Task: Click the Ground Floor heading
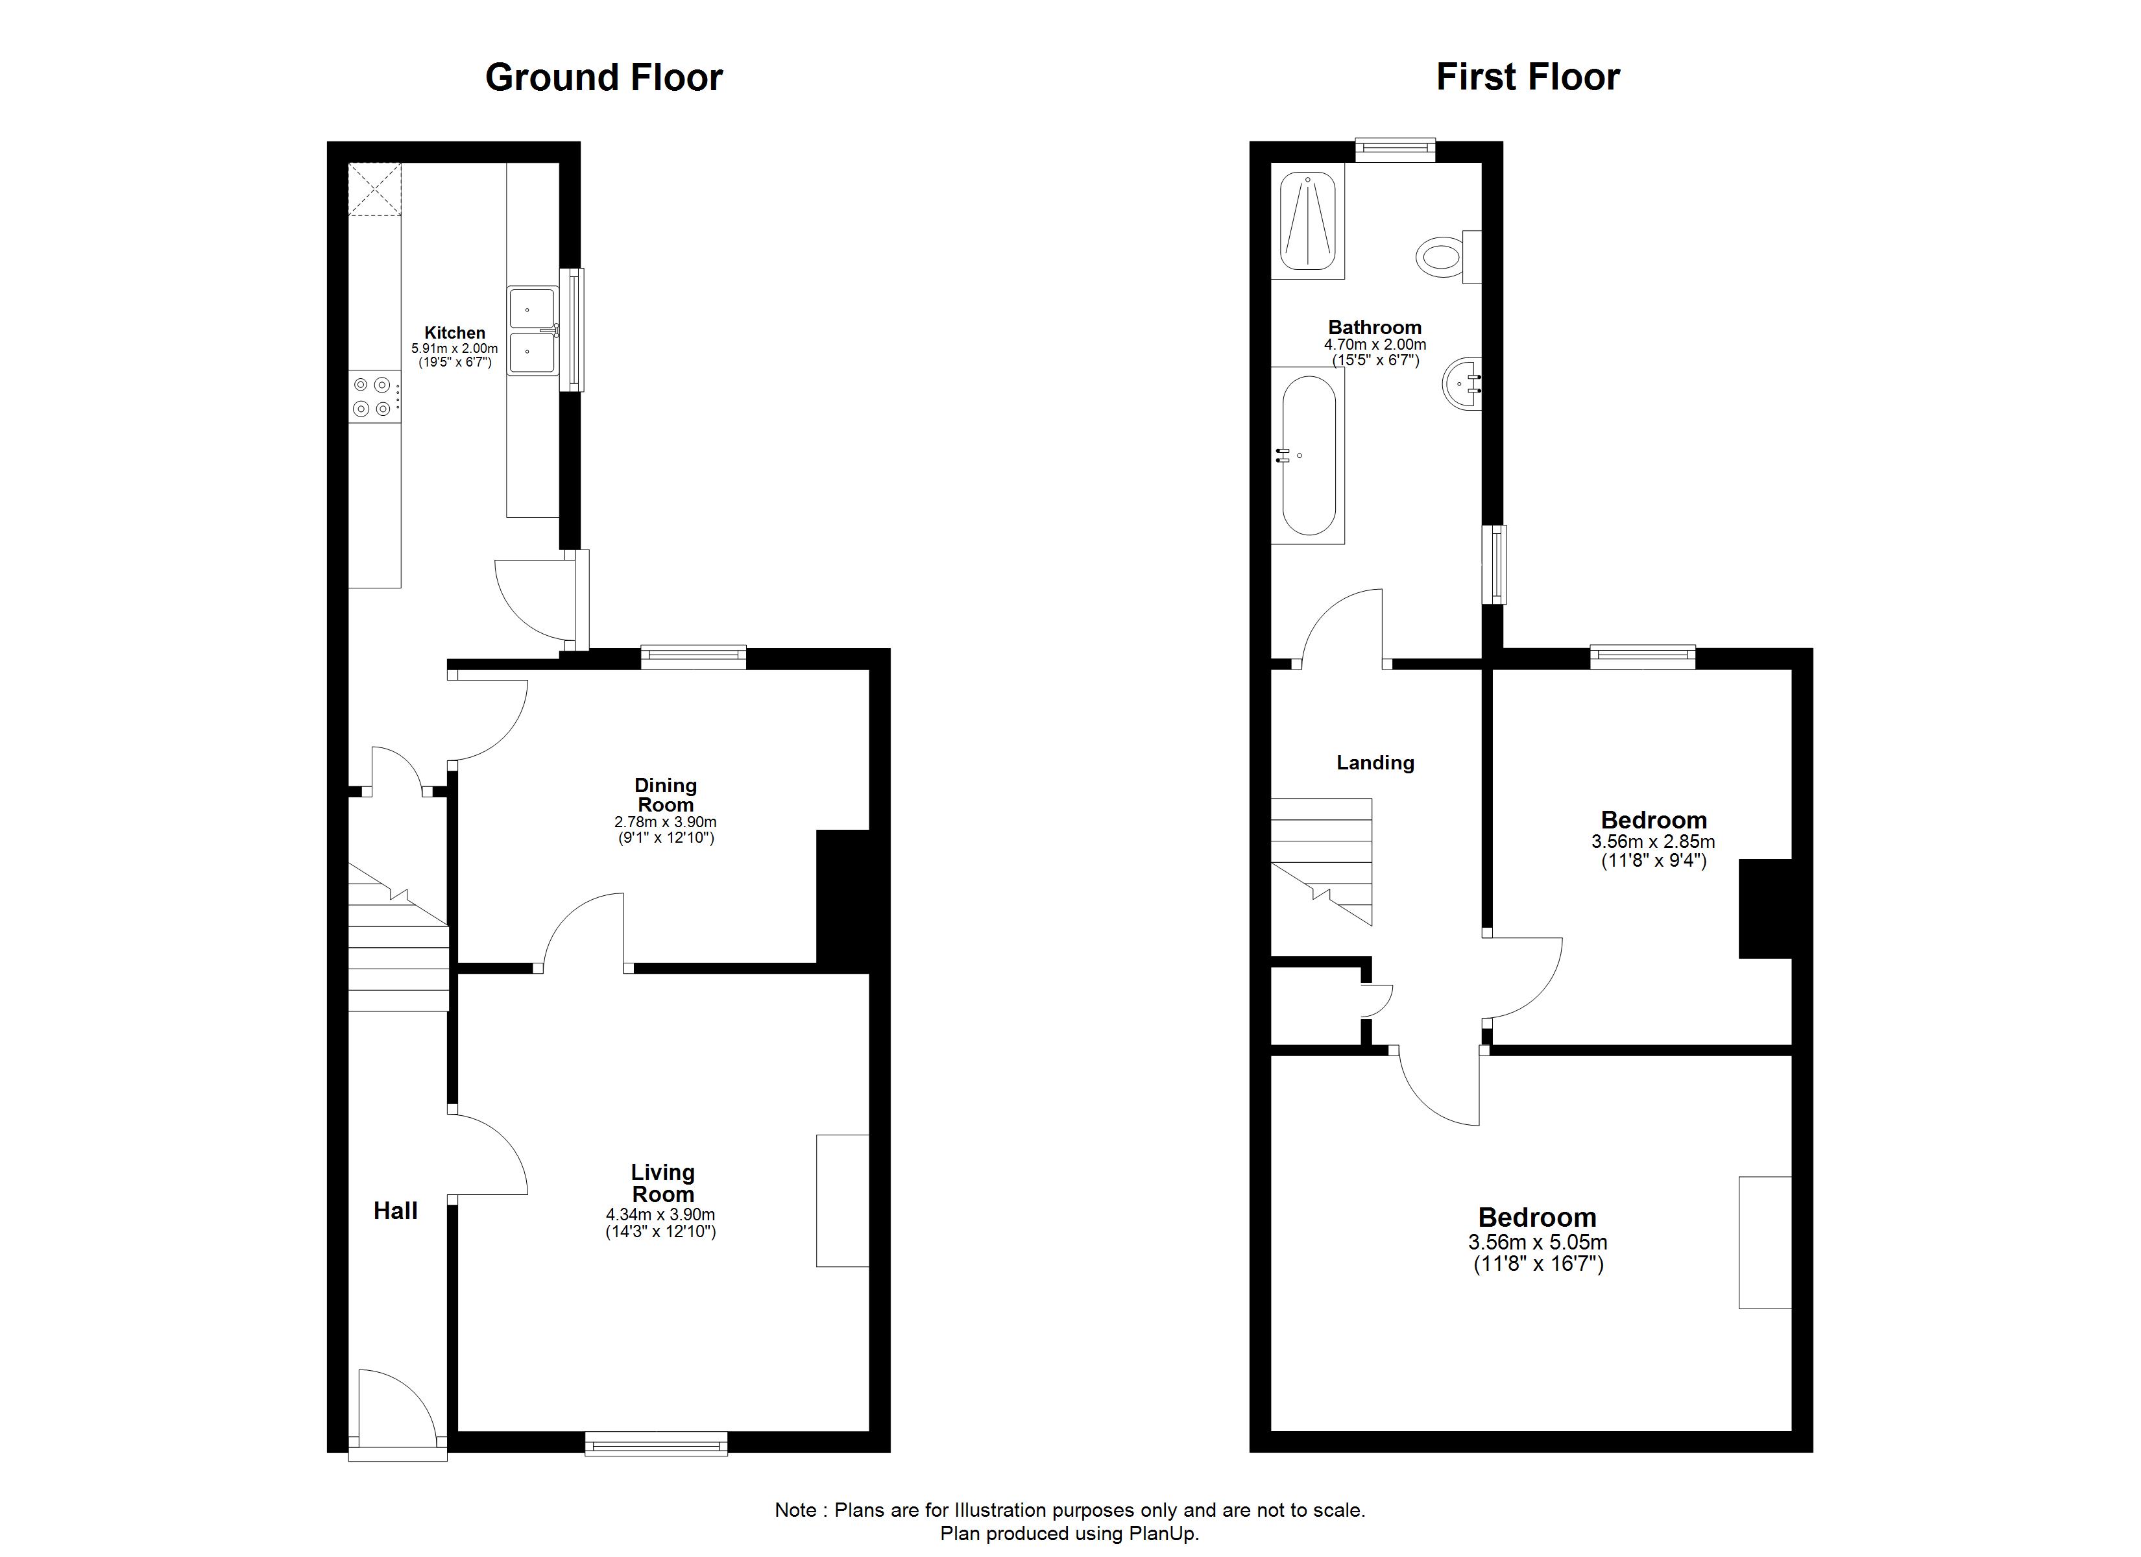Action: [603, 77]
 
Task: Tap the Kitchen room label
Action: [455, 332]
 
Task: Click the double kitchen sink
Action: [533, 332]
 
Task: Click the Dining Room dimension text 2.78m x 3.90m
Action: [666, 823]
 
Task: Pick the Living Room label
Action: [662, 1183]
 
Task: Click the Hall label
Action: [396, 1211]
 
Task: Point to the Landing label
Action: [1375, 763]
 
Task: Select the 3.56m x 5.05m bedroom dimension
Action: [1539, 1242]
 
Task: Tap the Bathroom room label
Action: [1375, 328]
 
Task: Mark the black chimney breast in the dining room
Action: [843, 900]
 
